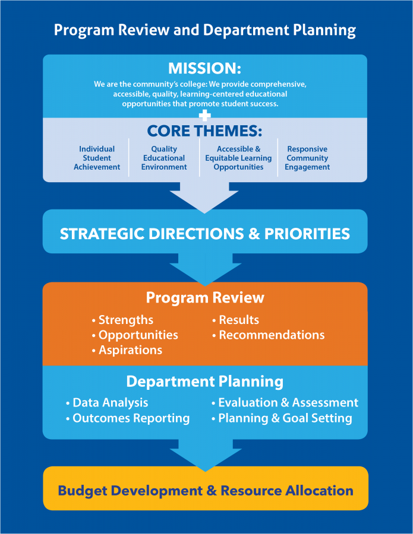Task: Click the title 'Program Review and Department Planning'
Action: pyautogui.click(x=205, y=30)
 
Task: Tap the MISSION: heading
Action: pyautogui.click(x=204, y=68)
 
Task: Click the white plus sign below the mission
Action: pyautogui.click(x=204, y=116)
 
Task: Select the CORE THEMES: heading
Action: pyautogui.click(x=204, y=131)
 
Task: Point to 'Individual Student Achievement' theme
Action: pyautogui.click(x=97, y=158)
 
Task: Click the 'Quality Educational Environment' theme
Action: pyautogui.click(x=164, y=158)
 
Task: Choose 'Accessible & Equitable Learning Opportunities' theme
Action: pyautogui.click(x=238, y=158)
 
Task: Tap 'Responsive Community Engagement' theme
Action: pyautogui.click(x=307, y=158)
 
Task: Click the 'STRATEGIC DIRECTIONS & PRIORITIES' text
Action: pyautogui.click(x=205, y=234)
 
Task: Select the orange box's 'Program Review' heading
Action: pyautogui.click(x=205, y=297)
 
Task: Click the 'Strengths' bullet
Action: pyautogui.click(x=122, y=320)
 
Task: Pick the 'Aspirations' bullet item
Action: pyautogui.click(x=127, y=350)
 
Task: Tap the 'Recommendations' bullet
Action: pyautogui.click(x=268, y=335)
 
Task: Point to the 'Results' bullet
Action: pyautogui.click(x=235, y=320)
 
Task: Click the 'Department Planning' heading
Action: pyautogui.click(x=204, y=382)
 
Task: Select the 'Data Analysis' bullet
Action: pyautogui.click(x=107, y=402)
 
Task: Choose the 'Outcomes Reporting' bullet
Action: pyautogui.click(x=128, y=418)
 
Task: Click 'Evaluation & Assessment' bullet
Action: pyautogui.click(x=285, y=402)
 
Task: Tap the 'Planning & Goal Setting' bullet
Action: pyautogui.click(x=282, y=418)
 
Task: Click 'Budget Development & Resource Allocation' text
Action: pyautogui.click(x=206, y=491)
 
